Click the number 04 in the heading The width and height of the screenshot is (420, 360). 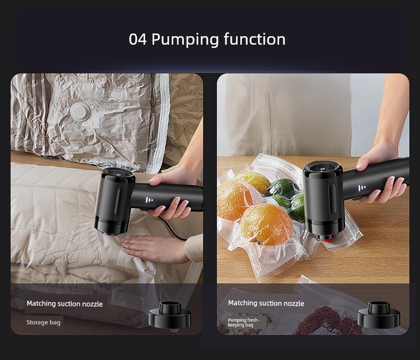tap(138, 39)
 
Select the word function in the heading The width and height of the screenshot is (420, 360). tap(255, 39)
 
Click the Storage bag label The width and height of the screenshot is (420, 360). tap(44, 322)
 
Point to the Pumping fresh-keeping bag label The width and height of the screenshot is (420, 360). tap(243, 322)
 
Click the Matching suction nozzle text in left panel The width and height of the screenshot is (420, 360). tap(64, 304)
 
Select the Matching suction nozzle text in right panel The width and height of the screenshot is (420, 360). tap(266, 303)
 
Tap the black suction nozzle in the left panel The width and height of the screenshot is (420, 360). tap(170, 314)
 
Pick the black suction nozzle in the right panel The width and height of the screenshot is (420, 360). tap(379, 314)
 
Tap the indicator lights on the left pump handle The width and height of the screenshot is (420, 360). tap(149, 200)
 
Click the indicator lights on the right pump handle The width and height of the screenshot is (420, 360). tap(362, 188)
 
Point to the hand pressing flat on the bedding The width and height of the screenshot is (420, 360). tap(153, 248)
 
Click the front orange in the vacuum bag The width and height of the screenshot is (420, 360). tap(266, 224)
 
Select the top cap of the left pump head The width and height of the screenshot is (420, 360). tap(118, 175)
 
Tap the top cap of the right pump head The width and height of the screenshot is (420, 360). tap(323, 168)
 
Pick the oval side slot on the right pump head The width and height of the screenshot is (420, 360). tap(333, 199)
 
